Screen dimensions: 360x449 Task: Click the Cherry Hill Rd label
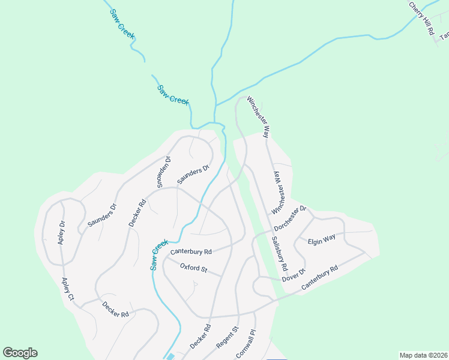tap(422, 19)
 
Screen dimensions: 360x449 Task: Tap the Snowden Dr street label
tap(163, 172)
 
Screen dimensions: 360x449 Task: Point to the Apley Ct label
tap(67, 289)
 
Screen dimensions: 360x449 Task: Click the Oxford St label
tap(193, 268)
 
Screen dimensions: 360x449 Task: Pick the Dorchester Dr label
tap(291, 219)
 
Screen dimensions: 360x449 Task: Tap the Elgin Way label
tap(321, 241)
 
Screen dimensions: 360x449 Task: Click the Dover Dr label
tap(294, 275)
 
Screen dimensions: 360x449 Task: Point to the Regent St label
tap(228, 338)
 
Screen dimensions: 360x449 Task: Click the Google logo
tap(20, 353)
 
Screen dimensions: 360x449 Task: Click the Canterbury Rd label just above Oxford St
tap(191, 252)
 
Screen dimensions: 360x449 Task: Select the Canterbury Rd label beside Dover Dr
tap(320, 278)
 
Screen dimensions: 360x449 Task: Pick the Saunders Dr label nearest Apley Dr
tap(101, 215)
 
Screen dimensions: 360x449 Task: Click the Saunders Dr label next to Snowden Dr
tap(192, 173)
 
